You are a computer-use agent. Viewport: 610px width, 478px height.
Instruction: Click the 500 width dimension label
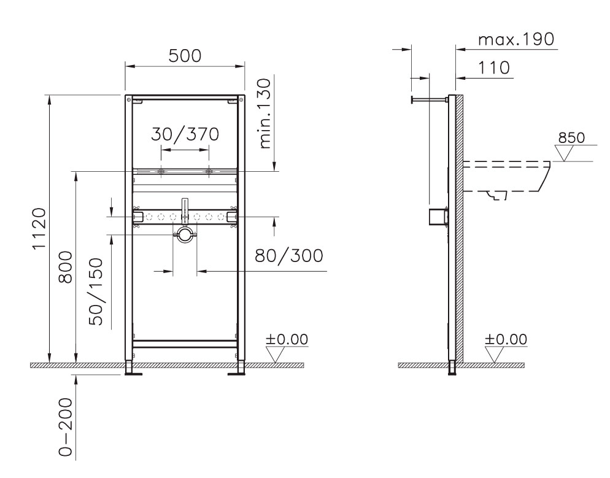(185, 56)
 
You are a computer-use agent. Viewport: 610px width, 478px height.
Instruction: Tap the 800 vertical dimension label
(65, 267)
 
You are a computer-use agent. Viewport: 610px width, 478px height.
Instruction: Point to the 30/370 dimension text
(185, 134)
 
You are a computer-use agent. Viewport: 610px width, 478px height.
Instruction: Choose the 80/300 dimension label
(289, 255)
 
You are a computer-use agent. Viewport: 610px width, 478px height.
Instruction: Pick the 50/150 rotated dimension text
(97, 291)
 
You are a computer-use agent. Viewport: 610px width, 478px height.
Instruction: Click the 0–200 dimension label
(65, 427)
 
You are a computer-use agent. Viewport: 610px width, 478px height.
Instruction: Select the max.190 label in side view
(516, 39)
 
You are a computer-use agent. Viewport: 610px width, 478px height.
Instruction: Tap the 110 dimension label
(493, 67)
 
